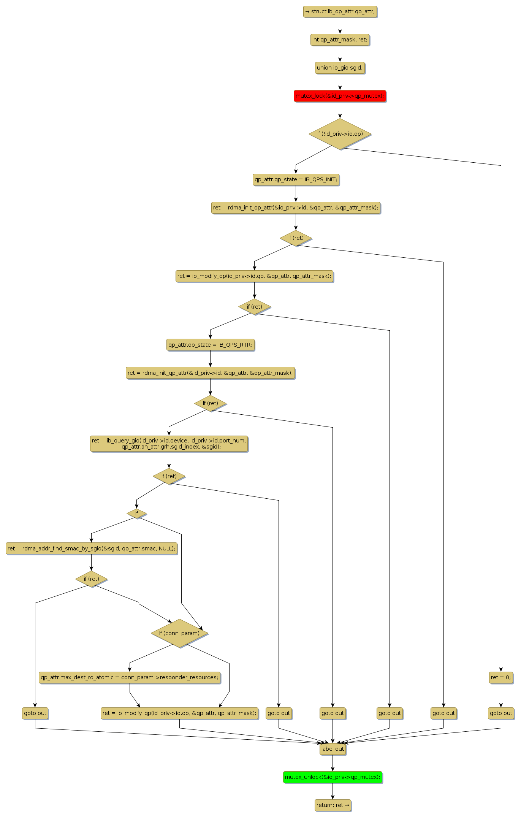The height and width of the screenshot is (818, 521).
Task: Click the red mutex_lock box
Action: coord(340,96)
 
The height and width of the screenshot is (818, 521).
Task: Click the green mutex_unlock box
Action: coord(333,777)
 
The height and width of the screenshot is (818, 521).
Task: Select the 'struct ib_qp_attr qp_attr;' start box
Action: coord(340,11)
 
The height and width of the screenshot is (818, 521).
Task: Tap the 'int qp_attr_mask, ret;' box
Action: coord(340,40)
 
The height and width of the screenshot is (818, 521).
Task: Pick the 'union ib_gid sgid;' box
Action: coord(340,68)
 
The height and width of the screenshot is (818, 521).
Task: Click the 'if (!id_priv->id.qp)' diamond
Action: coord(340,134)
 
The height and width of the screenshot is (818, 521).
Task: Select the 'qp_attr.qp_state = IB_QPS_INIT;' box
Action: coord(296,179)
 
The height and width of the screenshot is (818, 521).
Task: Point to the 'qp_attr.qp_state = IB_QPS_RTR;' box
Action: coord(210,345)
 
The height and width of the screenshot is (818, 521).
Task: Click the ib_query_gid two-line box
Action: coord(169,444)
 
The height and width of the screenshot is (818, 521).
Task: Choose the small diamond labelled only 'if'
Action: coord(136,514)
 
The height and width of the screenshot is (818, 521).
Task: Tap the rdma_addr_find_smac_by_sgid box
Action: coord(91,549)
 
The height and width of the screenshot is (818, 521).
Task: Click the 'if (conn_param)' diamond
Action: coord(179,633)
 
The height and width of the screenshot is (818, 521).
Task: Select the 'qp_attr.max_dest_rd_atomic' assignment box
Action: coord(130,677)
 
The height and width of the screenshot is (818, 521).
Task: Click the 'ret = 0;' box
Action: coord(501,677)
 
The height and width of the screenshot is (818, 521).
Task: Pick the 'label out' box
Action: coord(333,749)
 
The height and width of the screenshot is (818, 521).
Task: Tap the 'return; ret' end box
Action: coord(333,805)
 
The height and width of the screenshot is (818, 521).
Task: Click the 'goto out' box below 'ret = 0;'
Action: coord(501,713)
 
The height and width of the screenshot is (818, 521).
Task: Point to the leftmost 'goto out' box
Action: coord(35,713)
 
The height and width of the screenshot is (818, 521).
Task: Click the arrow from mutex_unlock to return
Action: coord(333,791)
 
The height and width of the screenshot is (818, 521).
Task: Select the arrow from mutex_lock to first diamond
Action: coord(340,110)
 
